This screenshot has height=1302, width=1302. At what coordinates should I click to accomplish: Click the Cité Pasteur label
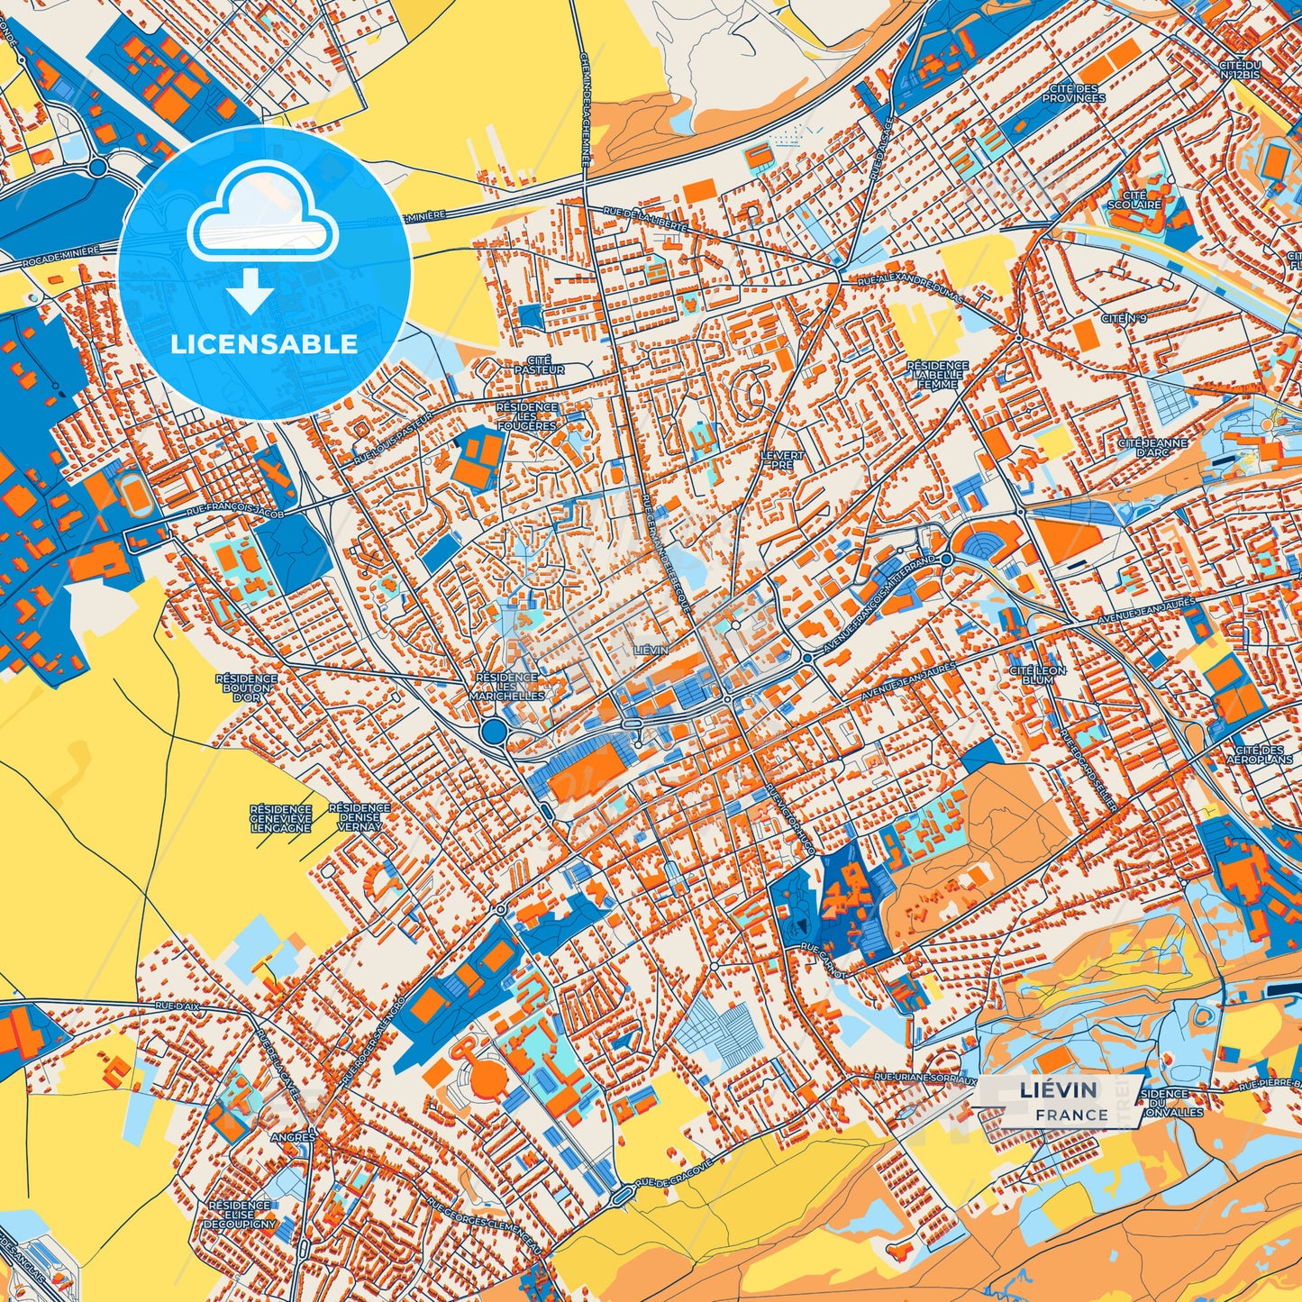click(x=539, y=365)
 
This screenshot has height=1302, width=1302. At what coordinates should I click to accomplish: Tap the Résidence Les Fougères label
click(x=526, y=416)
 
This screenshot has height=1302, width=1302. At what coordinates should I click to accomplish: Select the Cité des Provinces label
click(x=1073, y=93)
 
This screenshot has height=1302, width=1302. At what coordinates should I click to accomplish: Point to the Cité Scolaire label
click(x=1134, y=199)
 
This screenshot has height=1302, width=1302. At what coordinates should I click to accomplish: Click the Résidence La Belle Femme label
click(x=938, y=375)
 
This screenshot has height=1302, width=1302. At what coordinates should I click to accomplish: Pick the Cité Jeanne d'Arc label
click(x=1152, y=448)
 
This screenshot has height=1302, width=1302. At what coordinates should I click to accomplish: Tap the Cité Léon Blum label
click(x=1037, y=676)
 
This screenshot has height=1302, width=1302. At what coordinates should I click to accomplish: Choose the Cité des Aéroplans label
click(x=1259, y=754)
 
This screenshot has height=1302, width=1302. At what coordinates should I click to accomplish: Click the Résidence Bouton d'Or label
click(x=246, y=687)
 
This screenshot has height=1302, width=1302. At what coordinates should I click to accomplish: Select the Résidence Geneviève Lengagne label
click(x=281, y=818)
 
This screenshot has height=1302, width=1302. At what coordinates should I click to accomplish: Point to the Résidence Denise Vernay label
click(x=359, y=817)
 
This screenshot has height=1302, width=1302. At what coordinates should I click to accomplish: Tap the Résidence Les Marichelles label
click(x=506, y=687)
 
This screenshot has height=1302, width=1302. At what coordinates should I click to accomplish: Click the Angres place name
click(x=294, y=1137)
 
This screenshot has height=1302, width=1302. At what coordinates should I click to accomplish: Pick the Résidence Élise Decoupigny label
click(x=239, y=1215)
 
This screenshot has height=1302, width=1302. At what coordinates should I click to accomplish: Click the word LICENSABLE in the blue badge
click(x=264, y=343)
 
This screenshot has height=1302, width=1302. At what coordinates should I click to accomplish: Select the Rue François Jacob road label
click(x=235, y=512)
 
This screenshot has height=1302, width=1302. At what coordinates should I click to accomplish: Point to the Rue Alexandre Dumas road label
click(x=910, y=290)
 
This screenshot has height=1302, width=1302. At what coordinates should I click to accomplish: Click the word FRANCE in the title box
click(x=1071, y=1115)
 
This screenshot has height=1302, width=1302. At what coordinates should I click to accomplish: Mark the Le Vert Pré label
click(x=781, y=460)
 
